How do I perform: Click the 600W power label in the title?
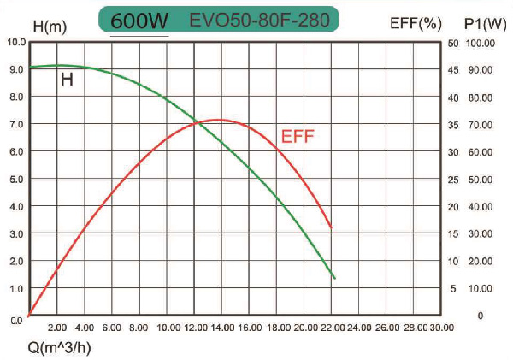[x=140, y=19]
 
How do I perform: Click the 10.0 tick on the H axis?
[x=14, y=41]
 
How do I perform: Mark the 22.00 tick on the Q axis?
[x=333, y=328]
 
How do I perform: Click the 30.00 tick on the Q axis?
[x=441, y=328]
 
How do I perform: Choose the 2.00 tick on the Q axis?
[x=57, y=328]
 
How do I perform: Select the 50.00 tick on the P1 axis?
[x=480, y=180]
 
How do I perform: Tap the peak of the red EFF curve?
[x=219, y=120]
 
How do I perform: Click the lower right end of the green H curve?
[x=334, y=278]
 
